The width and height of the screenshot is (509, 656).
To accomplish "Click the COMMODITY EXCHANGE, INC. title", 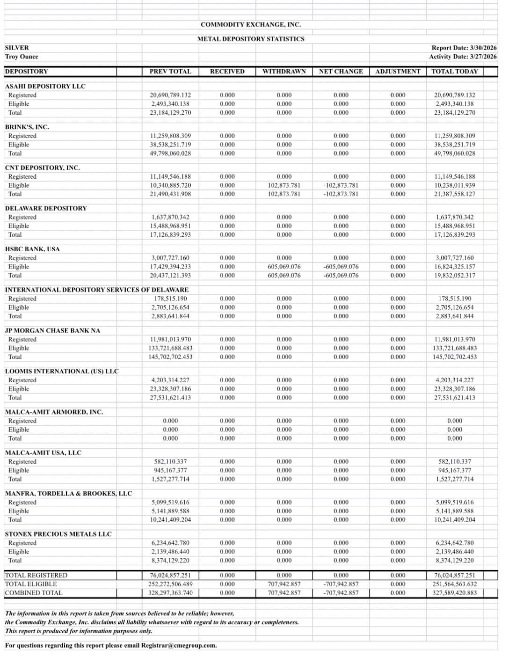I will click(x=250, y=24).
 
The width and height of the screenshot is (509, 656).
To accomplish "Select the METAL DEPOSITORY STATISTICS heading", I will click(x=250, y=39).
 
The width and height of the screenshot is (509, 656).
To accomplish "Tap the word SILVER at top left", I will click(x=17, y=48).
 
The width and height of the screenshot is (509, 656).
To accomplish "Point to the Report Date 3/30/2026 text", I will click(x=464, y=48).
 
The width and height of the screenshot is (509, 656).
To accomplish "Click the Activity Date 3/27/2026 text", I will click(x=463, y=57).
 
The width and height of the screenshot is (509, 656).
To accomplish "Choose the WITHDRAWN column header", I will click(x=284, y=72).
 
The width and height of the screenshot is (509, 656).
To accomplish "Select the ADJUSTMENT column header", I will click(x=398, y=72).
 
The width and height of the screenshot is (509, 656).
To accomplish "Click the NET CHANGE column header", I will click(x=341, y=72).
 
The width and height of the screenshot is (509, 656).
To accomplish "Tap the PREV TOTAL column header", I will click(x=170, y=72).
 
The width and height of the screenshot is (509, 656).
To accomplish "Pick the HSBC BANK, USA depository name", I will click(x=32, y=249).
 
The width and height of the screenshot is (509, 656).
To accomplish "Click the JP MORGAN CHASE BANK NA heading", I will click(x=52, y=330).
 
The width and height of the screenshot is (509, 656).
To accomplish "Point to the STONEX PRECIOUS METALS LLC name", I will click(x=58, y=534).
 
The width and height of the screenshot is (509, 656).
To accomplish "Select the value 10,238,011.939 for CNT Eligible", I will click(x=454, y=185).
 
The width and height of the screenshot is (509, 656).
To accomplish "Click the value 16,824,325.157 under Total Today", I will click(x=454, y=267).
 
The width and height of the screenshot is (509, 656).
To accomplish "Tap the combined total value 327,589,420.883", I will click(x=454, y=593).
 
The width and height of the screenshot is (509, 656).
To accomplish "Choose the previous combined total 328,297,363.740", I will click(x=170, y=593).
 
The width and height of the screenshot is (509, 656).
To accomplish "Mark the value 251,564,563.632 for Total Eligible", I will click(x=454, y=584).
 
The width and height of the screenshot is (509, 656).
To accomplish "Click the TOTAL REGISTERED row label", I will click(x=36, y=576).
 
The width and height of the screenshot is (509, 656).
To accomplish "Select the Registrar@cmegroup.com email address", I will click(x=179, y=645).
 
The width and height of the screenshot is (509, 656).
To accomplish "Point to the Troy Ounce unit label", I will click(x=22, y=57).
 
